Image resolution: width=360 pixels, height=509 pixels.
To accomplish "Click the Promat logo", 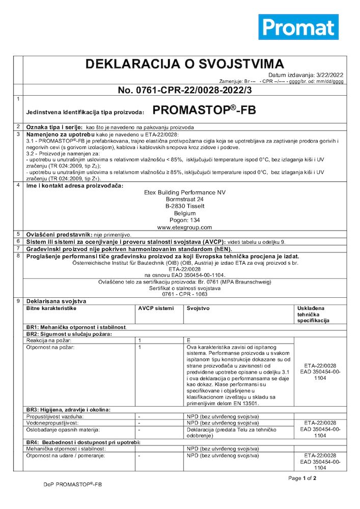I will click(298, 27).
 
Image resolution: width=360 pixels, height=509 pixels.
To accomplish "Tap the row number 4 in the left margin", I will click(18, 185).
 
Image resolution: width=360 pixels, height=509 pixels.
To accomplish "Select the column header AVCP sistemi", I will click(156, 308).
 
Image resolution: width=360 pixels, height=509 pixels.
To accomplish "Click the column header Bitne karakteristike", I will click(51, 308).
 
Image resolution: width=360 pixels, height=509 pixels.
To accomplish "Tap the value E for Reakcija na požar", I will click(188, 339).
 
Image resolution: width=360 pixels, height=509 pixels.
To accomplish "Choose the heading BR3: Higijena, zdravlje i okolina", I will click(68, 409).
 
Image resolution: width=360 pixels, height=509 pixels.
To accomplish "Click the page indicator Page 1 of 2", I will click(302, 478).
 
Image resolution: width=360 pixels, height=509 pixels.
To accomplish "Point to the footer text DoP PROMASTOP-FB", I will click(73, 486).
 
